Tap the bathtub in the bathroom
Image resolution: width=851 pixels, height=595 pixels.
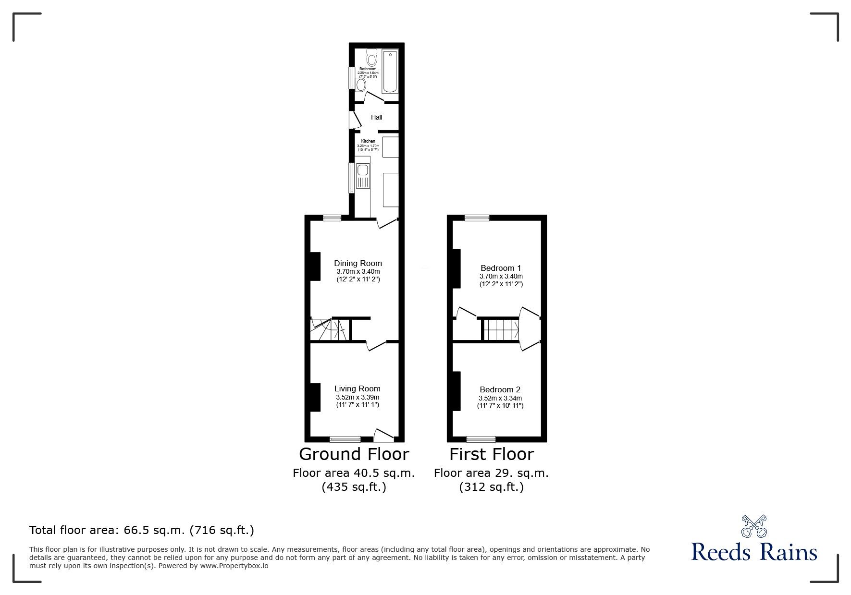390,72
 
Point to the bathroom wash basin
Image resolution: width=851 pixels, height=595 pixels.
360,85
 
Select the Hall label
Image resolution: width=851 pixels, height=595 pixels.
377,117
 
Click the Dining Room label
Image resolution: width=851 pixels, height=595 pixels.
358,263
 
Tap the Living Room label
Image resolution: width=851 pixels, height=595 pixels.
358,389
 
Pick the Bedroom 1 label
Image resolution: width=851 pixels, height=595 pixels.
501,268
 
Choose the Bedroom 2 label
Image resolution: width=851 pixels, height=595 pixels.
500,390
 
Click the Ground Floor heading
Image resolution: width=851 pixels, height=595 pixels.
354,454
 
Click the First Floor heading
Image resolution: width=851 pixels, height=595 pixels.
492,454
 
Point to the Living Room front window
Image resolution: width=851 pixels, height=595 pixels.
345,438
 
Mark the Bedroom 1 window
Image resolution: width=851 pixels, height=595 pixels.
477,218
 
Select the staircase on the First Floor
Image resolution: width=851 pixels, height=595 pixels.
500,329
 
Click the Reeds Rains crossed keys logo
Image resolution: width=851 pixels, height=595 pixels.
754,526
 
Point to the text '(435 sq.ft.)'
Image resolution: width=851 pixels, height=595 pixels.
354,487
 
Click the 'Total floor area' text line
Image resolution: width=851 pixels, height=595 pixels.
142,530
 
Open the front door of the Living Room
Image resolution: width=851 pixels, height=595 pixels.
383,435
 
